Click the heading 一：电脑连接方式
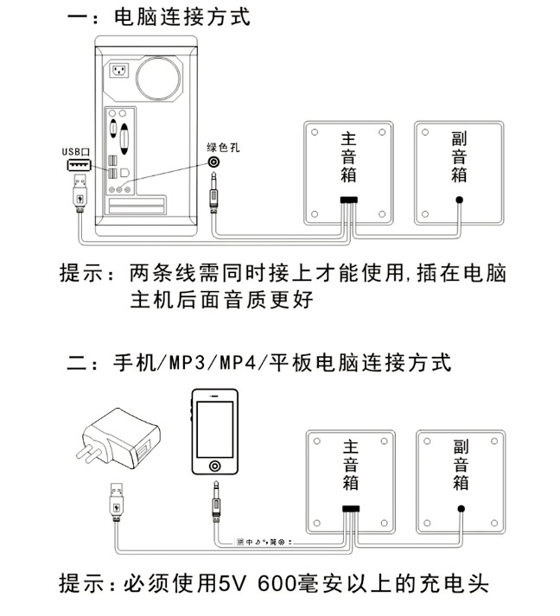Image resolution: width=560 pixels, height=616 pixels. coord(161,16)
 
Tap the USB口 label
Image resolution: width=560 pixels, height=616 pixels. coord(76,151)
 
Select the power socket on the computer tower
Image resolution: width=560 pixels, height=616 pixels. coord(118,72)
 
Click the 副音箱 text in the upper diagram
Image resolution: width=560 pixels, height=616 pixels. coord(459,156)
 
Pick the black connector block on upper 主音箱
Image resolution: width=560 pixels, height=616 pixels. coord(348,200)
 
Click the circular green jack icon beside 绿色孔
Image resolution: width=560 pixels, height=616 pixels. coord(213,162)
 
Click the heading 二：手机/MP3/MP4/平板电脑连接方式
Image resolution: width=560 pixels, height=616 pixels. coord(259,362)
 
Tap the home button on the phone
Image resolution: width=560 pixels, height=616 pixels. coord(213,467)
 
